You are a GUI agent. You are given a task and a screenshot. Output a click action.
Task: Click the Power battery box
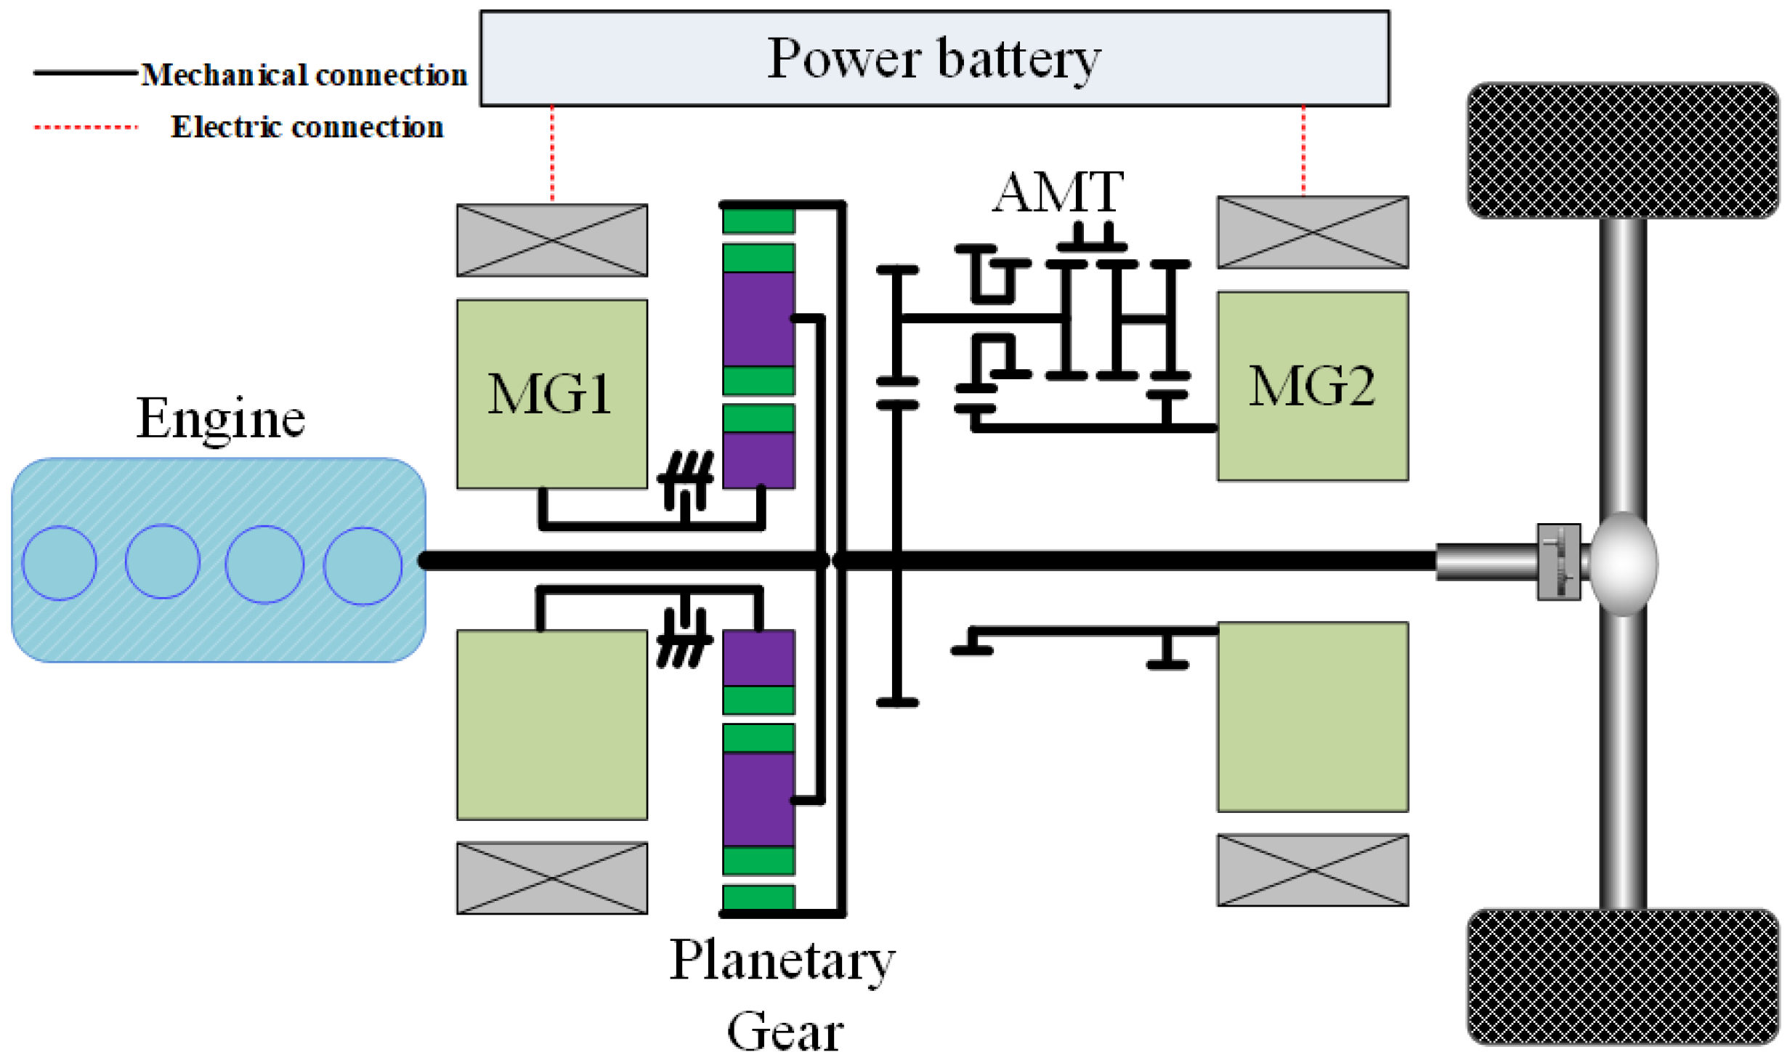(934, 58)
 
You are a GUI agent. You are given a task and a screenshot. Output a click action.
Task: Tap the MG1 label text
(550, 395)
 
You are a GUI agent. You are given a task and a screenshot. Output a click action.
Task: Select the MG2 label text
(1311, 386)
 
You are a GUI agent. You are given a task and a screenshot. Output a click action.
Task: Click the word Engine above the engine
(220, 418)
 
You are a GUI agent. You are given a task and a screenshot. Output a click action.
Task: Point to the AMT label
(1058, 192)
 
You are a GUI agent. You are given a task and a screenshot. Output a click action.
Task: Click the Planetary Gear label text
(782, 992)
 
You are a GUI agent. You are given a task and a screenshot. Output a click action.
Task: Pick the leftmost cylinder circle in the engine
(60, 563)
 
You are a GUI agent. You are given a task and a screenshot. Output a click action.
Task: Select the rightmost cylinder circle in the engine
(363, 565)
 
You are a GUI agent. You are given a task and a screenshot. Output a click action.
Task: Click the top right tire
(1622, 150)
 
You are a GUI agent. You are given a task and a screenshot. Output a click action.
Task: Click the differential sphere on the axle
(1624, 563)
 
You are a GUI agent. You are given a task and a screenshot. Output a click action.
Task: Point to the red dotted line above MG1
(552, 154)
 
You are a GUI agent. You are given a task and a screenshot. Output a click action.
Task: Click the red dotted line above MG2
(1303, 150)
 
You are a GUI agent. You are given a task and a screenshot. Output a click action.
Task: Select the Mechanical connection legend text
(304, 75)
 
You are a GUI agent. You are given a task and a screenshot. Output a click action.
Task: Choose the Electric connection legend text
(307, 127)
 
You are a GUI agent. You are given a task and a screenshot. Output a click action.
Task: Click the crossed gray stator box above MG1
(552, 240)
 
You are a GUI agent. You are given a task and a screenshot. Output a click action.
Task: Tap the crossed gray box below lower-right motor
(1313, 870)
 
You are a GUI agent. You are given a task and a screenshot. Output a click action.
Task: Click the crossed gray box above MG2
(1313, 232)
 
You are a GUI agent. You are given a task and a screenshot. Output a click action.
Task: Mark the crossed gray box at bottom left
(552, 878)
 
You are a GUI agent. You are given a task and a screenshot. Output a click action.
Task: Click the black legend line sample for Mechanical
(85, 73)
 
